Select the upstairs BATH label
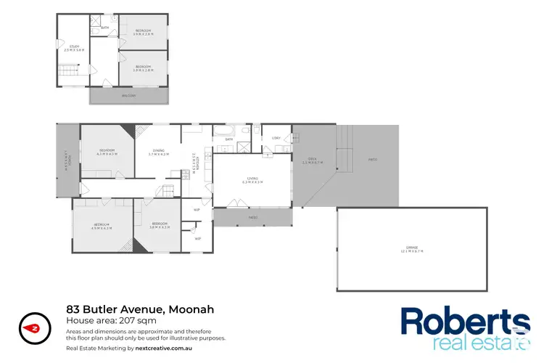104,28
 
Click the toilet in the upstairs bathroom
96,32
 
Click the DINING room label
158,152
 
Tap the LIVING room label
252,179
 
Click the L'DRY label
276,138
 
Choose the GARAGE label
411,249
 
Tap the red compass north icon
33,327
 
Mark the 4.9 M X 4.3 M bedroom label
100,226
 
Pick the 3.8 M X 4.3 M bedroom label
159,225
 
